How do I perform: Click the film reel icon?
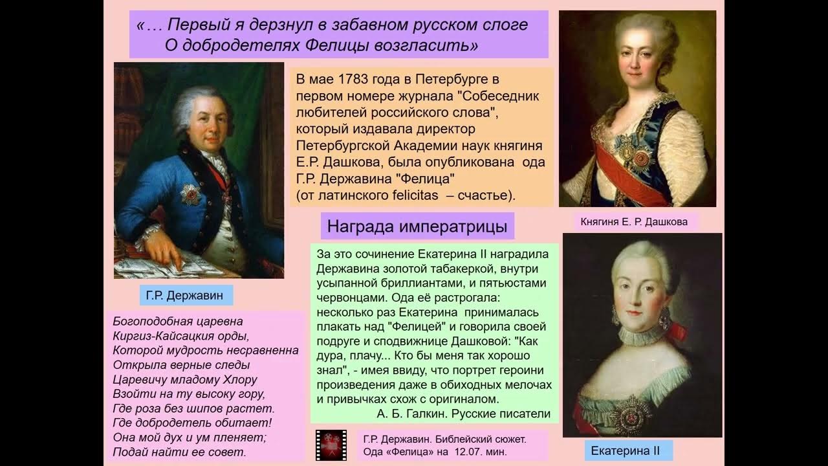331,445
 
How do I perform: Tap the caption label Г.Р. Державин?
184,296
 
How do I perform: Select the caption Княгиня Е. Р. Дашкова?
634,222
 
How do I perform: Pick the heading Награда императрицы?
417,227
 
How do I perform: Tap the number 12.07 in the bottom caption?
469,451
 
